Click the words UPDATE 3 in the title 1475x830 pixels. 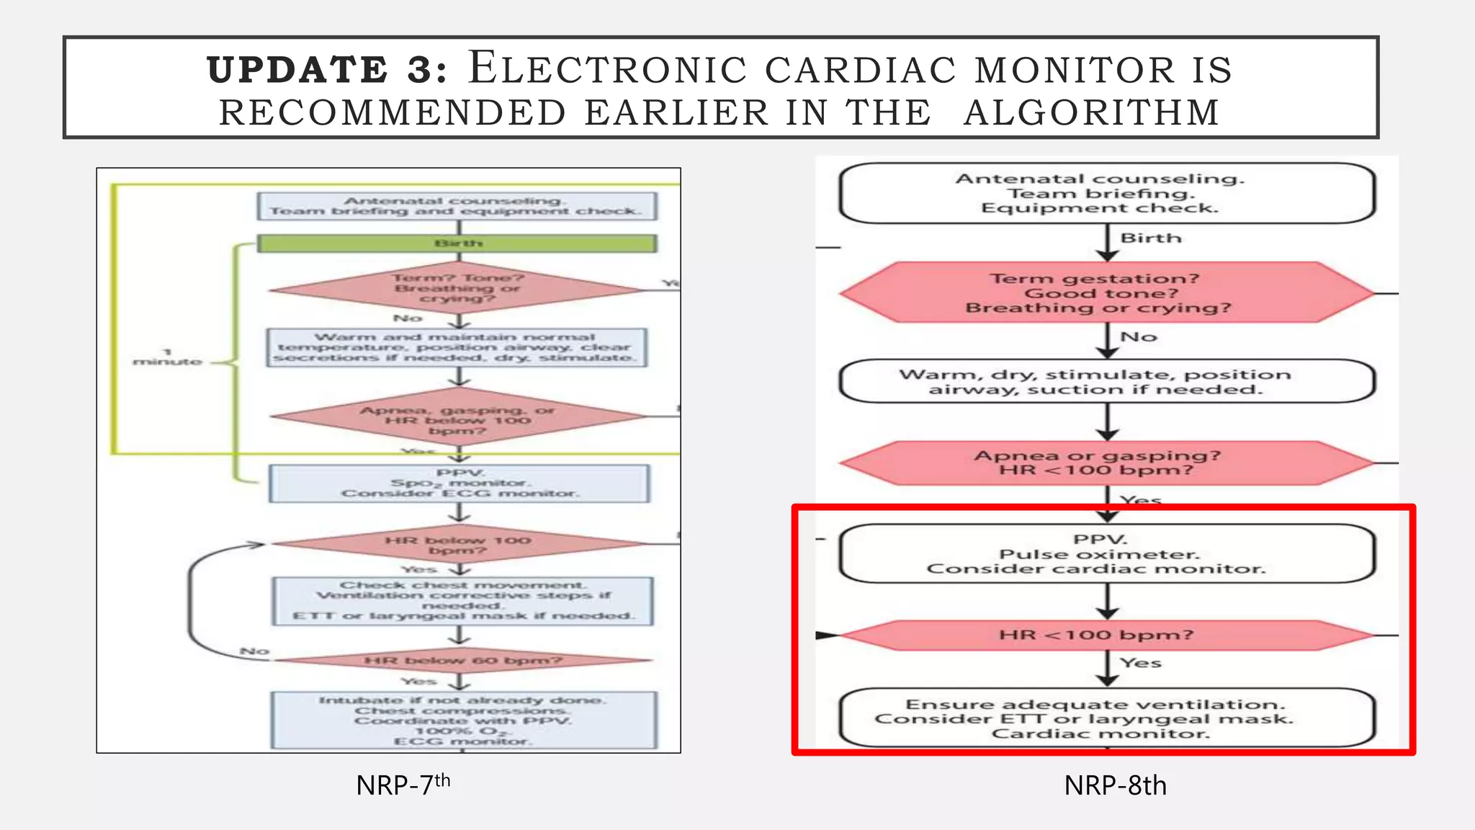pyautogui.click(x=327, y=70)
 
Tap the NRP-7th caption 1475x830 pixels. pyautogui.click(x=403, y=785)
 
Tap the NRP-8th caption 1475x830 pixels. pyautogui.click(x=1115, y=785)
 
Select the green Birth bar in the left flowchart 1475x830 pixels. pyautogui.click(x=457, y=244)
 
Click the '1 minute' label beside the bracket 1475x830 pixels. pyautogui.click(x=167, y=357)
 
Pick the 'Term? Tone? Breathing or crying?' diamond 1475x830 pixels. pyautogui.click(x=457, y=288)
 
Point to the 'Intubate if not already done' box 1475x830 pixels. pyautogui.click(x=462, y=720)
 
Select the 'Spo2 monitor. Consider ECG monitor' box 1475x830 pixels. pyautogui.click(x=459, y=483)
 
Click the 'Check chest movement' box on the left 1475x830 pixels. pyautogui.click(x=462, y=600)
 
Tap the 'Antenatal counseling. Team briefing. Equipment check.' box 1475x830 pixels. pyautogui.click(x=1107, y=193)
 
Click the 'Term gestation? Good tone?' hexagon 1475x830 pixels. pyautogui.click(x=1107, y=293)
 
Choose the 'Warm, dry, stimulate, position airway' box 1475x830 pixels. pyautogui.click(x=1107, y=381)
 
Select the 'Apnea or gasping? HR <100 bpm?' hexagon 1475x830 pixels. pyautogui.click(x=1107, y=463)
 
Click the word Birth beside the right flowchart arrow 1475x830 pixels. pyautogui.click(x=1150, y=238)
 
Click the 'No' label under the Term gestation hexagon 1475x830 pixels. pyautogui.click(x=1139, y=336)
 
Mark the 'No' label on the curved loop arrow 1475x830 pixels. pyautogui.click(x=254, y=651)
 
